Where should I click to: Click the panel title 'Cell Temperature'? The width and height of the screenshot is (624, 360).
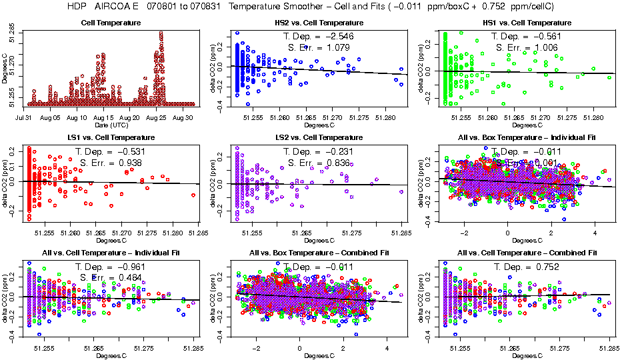111,23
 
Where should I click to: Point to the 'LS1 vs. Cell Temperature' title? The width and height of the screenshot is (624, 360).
111,138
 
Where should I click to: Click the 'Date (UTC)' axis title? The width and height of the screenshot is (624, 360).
111,125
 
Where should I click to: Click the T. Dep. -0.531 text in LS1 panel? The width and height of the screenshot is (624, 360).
109,151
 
